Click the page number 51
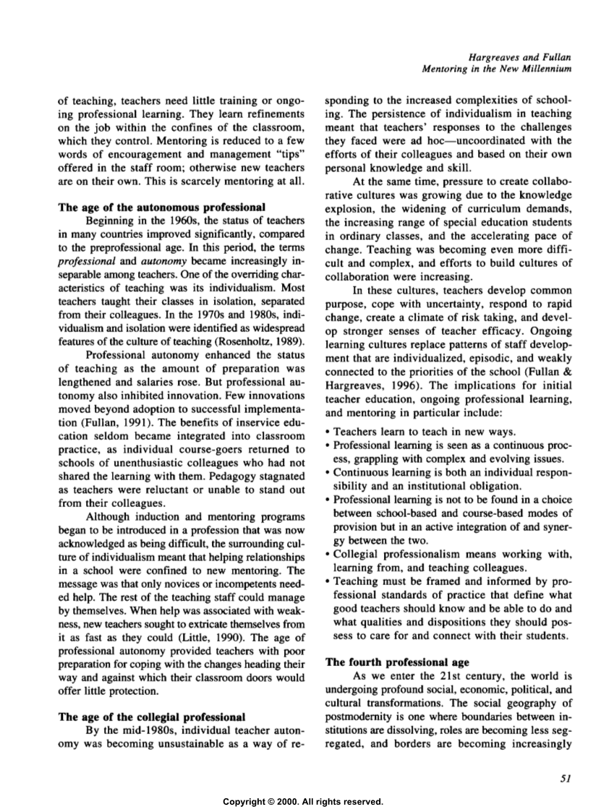pos(566,779)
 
